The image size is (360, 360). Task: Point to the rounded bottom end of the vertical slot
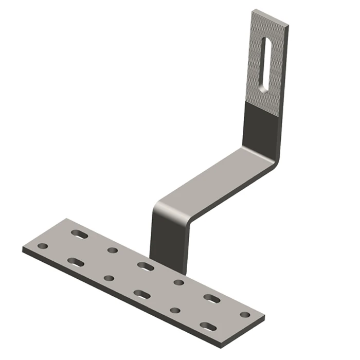tap(264, 87)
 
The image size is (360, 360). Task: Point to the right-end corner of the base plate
tap(264, 317)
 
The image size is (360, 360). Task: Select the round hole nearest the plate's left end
tap(43, 246)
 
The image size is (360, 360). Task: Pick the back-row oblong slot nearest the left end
tap(80, 234)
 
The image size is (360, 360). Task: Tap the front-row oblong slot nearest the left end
tap(76, 262)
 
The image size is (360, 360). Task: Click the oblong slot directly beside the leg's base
tap(146, 266)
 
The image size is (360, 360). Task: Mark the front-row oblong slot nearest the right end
tap(208, 326)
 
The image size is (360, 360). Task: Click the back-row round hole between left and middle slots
tap(113, 250)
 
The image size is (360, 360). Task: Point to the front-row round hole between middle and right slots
tap(175, 311)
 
